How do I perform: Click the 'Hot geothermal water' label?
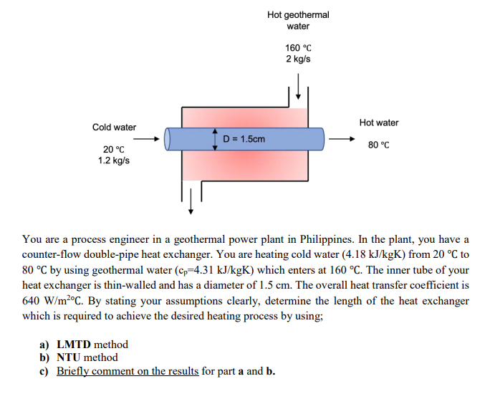[298, 20]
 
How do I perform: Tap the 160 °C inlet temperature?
[298, 48]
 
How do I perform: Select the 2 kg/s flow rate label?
[298, 59]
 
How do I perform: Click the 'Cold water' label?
[114, 128]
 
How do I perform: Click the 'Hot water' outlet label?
[379, 123]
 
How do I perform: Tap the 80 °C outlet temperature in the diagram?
[379, 145]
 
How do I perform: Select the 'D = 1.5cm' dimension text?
[244, 138]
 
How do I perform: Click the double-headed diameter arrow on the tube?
[216, 138]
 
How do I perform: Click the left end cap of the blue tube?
[168, 138]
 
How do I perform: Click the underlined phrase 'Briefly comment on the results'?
[128, 370]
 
